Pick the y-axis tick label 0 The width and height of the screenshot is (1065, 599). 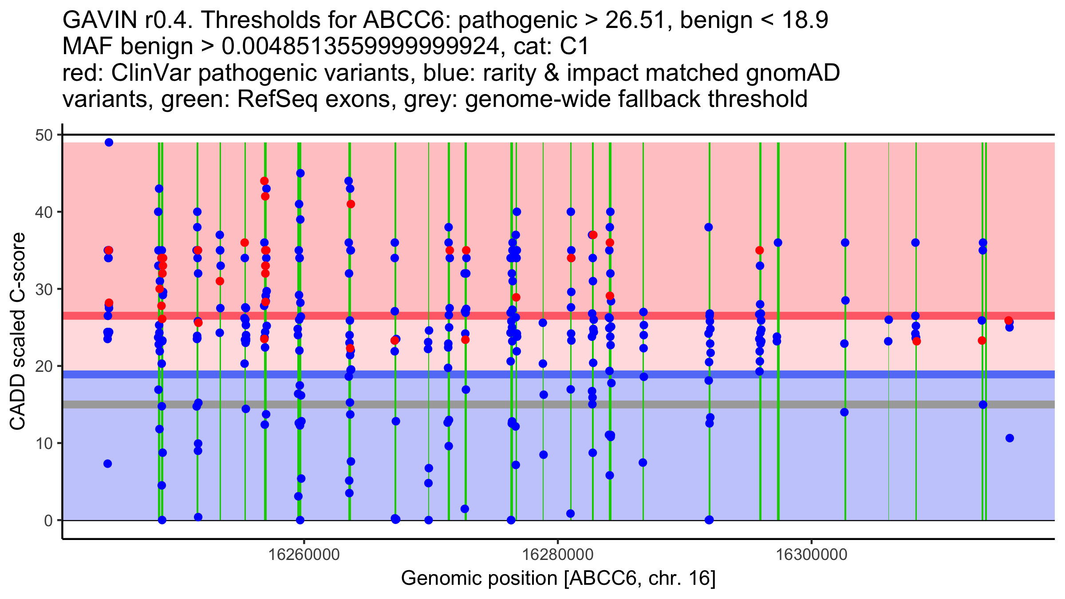tap(48, 520)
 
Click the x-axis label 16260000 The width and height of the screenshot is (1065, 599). tap(304, 555)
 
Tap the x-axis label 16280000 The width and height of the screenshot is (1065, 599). tap(558, 555)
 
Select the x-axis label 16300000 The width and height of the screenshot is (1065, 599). tap(812, 555)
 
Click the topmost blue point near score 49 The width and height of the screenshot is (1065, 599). tap(109, 142)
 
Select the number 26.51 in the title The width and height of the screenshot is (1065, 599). tap(637, 20)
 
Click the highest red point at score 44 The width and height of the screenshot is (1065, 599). tap(264, 181)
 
